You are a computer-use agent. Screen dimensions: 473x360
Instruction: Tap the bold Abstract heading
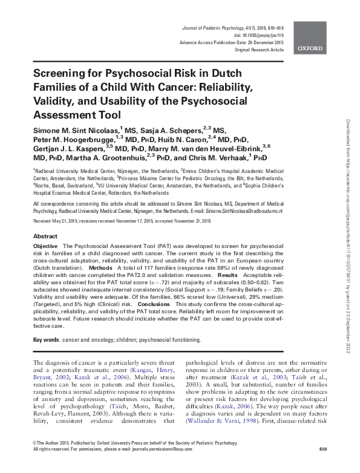coord(45,236)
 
